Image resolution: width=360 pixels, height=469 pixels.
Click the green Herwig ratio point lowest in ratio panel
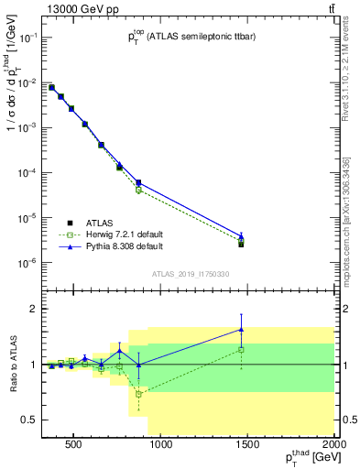(x=138, y=394)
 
